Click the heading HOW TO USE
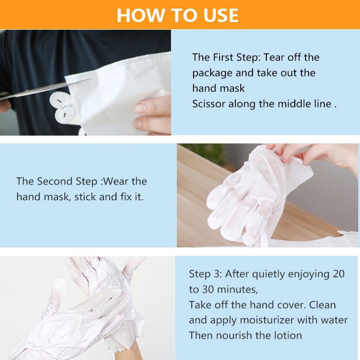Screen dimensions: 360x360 pos(177,15)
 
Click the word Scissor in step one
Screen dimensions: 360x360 pos(209,104)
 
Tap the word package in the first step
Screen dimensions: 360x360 pos(212,73)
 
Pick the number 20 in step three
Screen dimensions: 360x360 pos(338,274)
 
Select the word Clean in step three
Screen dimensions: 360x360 pos(322,305)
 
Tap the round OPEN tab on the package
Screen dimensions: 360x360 pos(62,107)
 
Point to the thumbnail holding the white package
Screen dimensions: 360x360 pos(140,108)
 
